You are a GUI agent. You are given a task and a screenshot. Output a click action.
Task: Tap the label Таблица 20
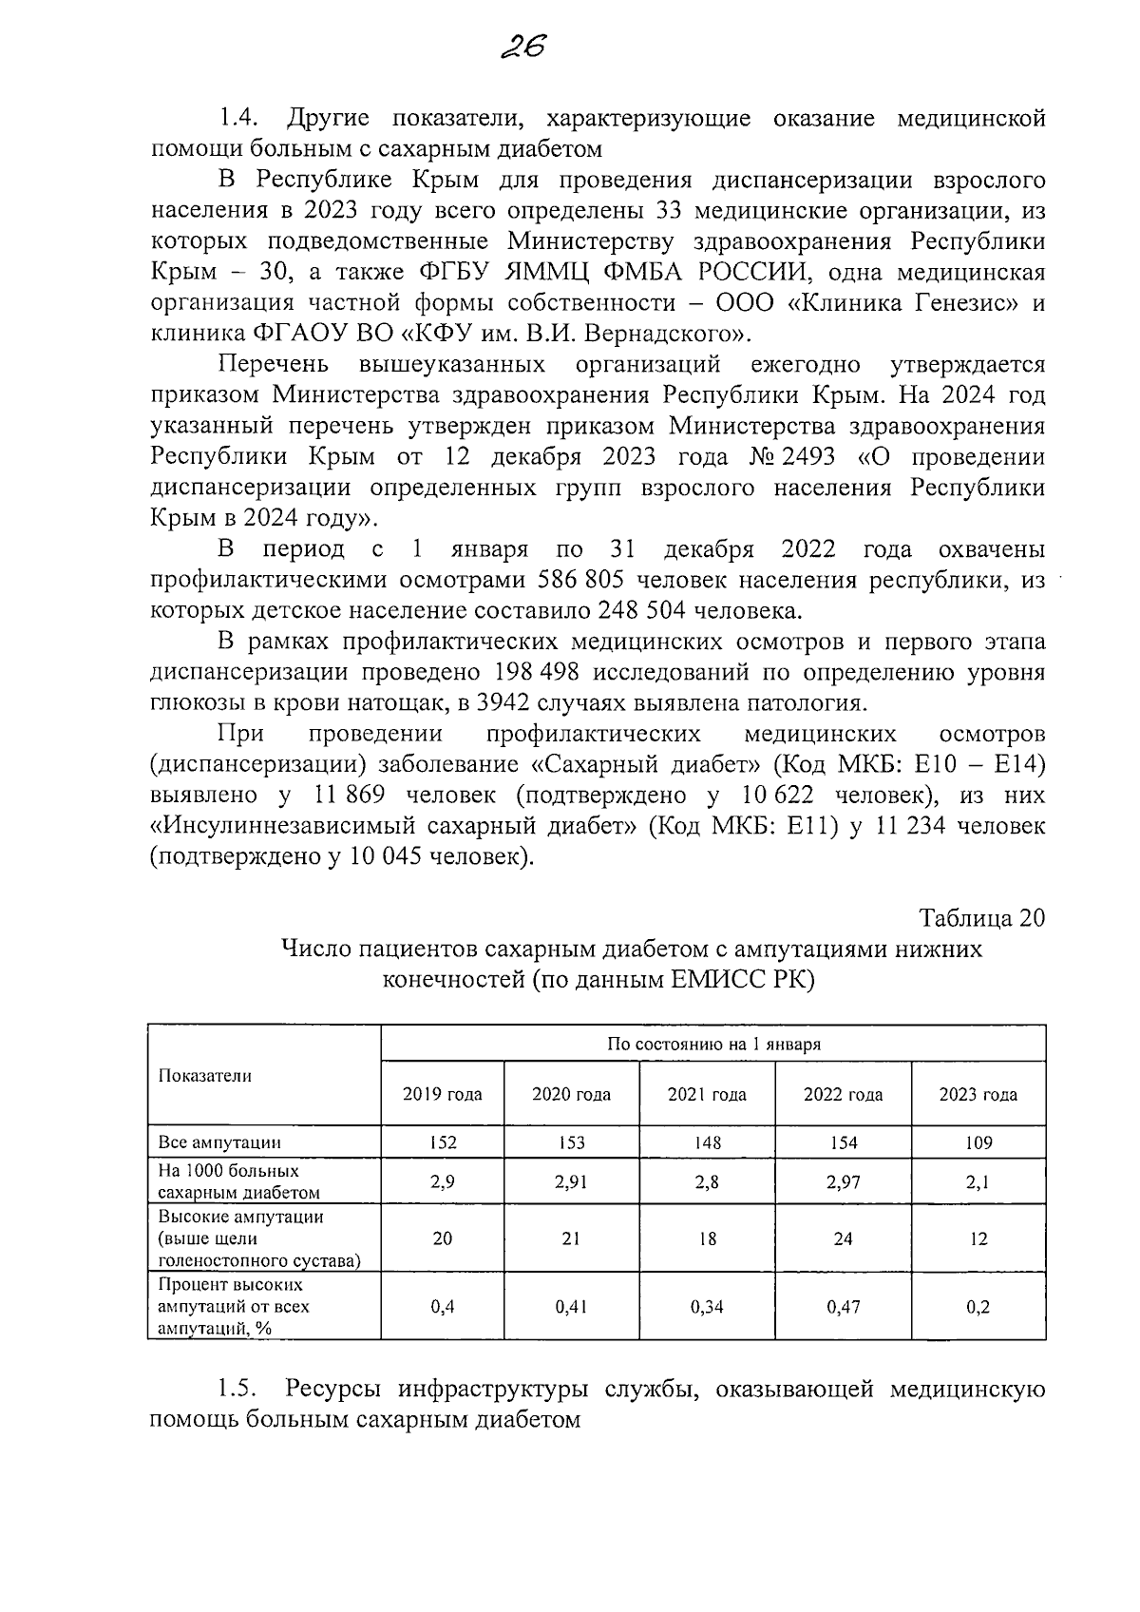(981, 918)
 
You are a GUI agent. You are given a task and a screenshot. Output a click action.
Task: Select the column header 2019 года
(442, 1094)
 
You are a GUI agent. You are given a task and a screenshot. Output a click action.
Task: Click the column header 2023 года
(978, 1094)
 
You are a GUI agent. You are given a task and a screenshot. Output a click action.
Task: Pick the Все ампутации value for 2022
(843, 1142)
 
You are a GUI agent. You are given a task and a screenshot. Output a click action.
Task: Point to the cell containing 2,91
(571, 1182)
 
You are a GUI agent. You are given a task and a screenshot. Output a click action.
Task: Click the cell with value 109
(978, 1142)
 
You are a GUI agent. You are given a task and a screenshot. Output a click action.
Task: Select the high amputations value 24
(843, 1238)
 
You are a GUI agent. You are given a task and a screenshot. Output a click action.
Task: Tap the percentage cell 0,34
(707, 1307)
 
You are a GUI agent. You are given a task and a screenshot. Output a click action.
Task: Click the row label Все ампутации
(219, 1142)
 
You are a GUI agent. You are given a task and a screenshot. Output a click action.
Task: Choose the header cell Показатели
(204, 1076)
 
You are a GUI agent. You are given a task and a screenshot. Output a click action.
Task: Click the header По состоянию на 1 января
(713, 1045)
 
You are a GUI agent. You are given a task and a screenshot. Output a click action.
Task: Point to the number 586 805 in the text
(585, 581)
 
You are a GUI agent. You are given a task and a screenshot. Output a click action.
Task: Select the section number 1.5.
(238, 1389)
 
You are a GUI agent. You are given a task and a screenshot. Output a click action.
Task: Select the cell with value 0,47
(843, 1307)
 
